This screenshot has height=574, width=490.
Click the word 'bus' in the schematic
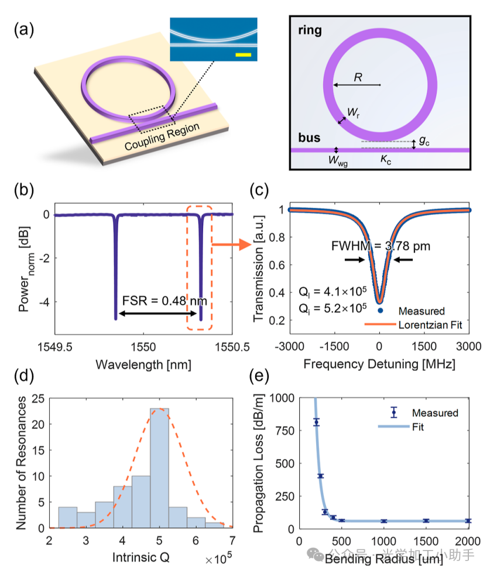pyautogui.click(x=308, y=138)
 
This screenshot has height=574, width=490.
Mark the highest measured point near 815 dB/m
pyautogui.click(x=317, y=422)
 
